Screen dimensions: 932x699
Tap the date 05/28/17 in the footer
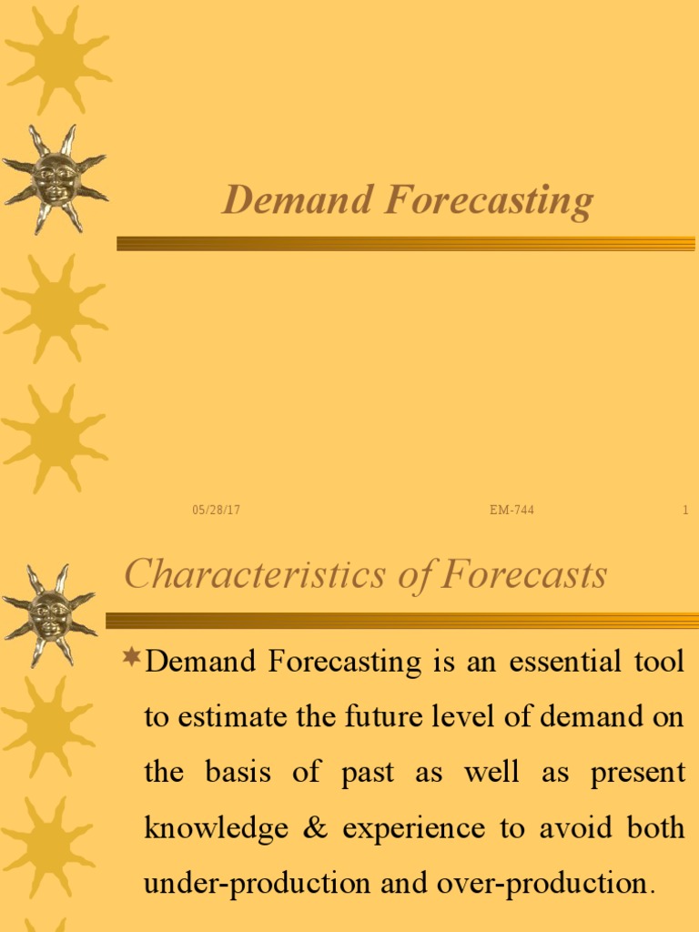(216, 511)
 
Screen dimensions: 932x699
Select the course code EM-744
(512, 511)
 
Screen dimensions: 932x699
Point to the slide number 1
(685, 511)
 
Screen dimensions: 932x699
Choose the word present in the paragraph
(637, 773)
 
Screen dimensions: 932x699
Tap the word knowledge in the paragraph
(208, 829)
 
